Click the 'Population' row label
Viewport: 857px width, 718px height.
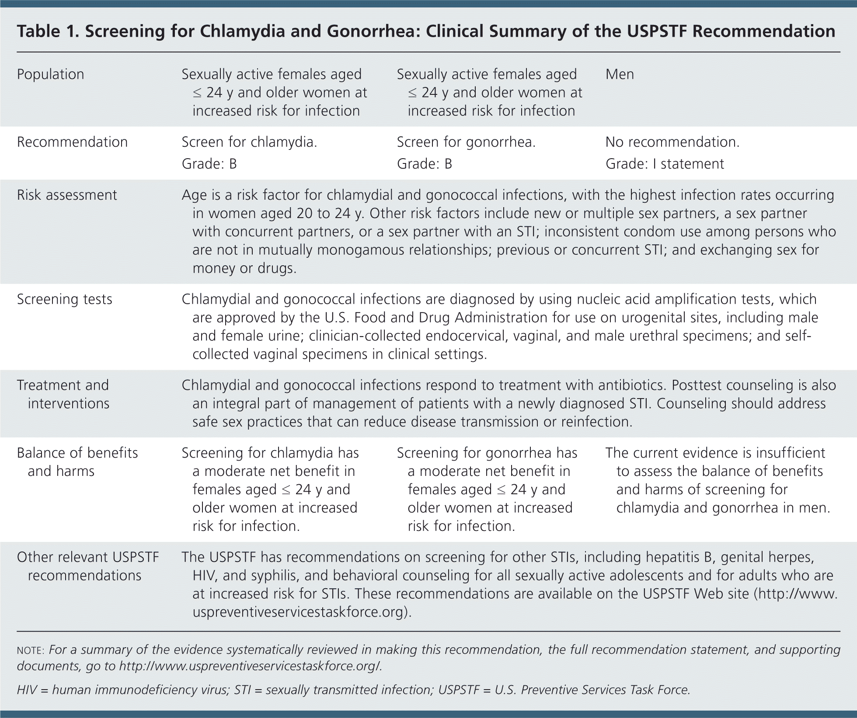[x=50, y=74]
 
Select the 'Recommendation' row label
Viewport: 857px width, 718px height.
[x=72, y=142]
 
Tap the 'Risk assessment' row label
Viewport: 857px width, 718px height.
[x=67, y=195]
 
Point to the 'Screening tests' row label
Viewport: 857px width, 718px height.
[x=64, y=299]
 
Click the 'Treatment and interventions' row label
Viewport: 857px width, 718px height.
[x=63, y=394]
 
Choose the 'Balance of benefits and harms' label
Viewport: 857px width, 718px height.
[x=77, y=462]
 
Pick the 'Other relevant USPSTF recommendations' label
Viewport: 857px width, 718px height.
[x=87, y=566]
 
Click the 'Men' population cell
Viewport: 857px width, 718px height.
[x=619, y=74]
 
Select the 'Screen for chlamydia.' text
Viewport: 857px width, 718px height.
[x=249, y=142]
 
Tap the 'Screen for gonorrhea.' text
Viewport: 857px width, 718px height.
[x=466, y=142]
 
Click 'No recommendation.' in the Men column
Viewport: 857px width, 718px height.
[x=672, y=142]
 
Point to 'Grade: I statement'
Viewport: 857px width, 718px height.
[x=665, y=164]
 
